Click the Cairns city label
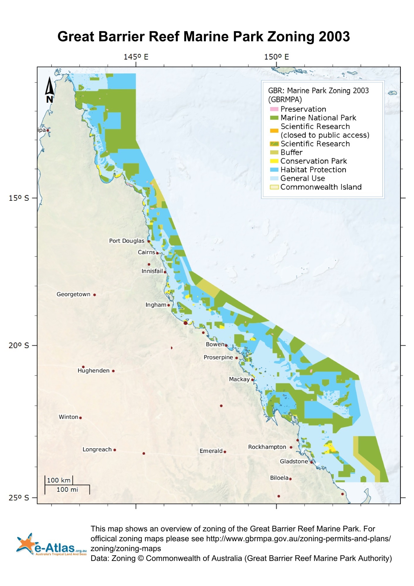146,252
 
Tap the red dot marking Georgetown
94,295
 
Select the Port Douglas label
127,241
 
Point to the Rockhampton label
267,447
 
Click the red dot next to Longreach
115,450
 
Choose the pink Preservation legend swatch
274,109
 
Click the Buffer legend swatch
274,152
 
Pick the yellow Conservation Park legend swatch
274,161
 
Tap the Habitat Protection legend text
313,170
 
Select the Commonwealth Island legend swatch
274,187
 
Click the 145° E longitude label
136,57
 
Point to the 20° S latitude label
19,345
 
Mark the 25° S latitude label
19,498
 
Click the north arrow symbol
50,90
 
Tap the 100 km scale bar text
59,480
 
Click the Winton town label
68,417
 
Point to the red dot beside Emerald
225,452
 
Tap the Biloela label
279,478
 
